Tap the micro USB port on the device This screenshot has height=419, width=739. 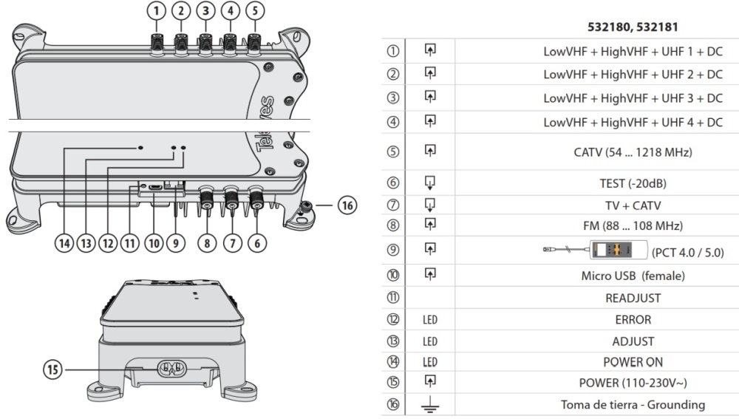[x=154, y=188]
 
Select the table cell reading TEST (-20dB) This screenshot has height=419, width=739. [x=633, y=183]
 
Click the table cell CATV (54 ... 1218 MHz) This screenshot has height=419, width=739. [x=633, y=151]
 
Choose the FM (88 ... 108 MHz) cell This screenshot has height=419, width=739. [x=633, y=225]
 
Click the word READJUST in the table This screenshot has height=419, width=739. [x=633, y=298]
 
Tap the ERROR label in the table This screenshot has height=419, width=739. [x=633, y=320]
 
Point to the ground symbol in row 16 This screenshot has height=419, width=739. [x=429, y=404]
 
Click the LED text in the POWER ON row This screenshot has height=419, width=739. [x=429, y=362]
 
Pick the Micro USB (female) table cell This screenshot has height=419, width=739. [x=633, y=276]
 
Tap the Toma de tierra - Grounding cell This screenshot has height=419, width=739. [x=633, y=404]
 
